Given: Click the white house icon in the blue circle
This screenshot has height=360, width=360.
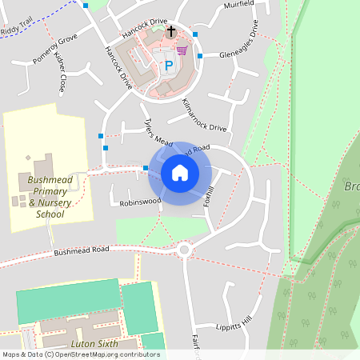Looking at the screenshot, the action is click(x=180, y=172).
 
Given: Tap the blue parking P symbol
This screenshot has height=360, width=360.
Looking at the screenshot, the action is click(x=168, y=66).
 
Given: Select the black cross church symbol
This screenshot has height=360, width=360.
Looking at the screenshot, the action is click(x=170, y=31).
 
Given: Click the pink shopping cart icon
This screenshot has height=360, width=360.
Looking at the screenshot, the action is click(x=182, y=50).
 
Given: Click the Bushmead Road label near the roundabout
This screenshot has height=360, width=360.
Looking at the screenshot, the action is click(x=81, y=250).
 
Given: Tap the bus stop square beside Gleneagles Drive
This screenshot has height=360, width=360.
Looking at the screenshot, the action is click(x=200, y=55).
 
